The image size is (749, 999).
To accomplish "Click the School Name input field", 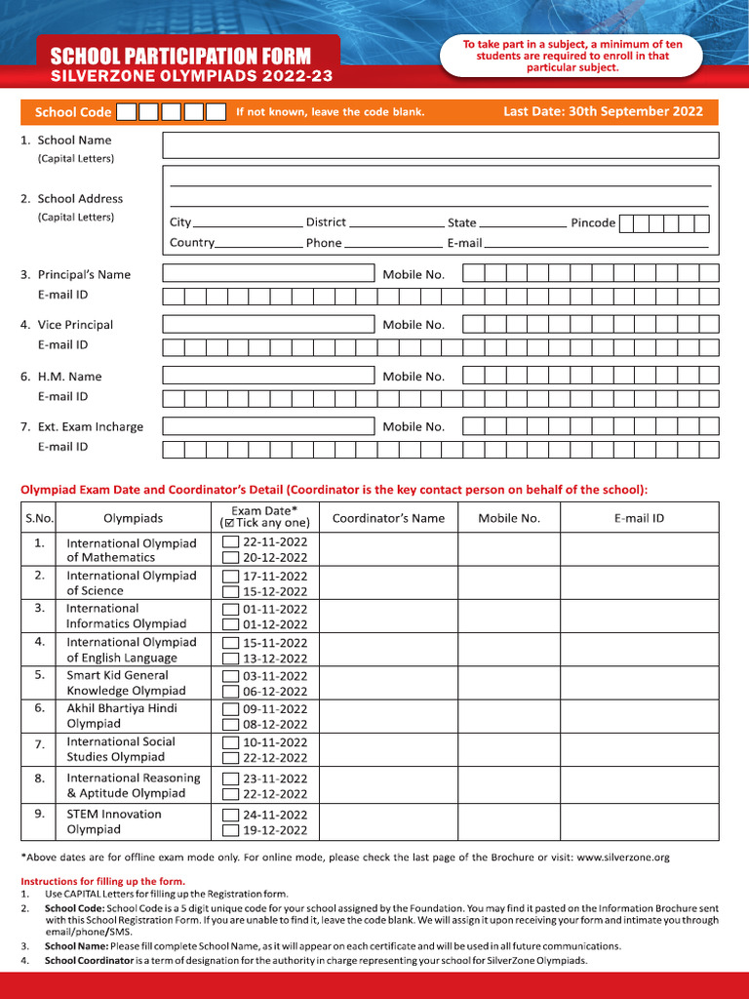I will [440, 145].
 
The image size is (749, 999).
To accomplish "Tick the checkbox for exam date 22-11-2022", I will [230, 542].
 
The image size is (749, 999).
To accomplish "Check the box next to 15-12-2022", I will [230, 591].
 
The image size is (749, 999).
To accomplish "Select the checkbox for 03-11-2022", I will [230, 676].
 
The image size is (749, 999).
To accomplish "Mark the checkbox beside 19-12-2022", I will [230, 831].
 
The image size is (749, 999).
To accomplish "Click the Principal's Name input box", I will [268, 274].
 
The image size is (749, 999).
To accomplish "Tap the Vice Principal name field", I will [268, 325].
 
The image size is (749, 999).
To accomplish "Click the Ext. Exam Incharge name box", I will [268, 426].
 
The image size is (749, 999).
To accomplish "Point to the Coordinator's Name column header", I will [388, 518].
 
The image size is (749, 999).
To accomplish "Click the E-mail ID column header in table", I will [639, 518].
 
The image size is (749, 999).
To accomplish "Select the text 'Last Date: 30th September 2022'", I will [603, 111].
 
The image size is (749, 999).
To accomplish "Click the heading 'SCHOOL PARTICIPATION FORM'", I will [180, 56].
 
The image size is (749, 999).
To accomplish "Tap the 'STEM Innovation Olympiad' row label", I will [114, 821].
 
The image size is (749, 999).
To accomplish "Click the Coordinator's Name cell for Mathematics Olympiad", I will [388, 550].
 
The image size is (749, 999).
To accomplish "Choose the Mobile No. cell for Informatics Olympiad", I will [508, 617].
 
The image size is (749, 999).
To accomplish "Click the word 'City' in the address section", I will [180, 222].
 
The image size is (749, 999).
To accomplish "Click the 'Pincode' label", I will [593, 222].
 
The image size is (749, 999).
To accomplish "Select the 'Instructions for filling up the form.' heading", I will [102, 881].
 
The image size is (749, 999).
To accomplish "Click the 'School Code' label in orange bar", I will [73, 112].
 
